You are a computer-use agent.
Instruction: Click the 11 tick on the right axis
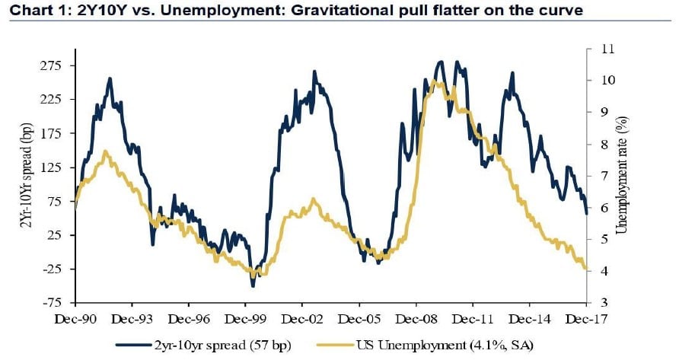point(606,48)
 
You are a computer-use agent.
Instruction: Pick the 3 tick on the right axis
point(602,304)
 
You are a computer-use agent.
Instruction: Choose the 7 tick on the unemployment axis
point(602,176)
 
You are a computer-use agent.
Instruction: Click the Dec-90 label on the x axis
point(76,319)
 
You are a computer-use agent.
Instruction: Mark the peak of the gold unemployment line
point(434,81)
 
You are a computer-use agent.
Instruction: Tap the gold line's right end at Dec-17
point(586,268)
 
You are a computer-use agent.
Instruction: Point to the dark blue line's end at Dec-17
point(586,214)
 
